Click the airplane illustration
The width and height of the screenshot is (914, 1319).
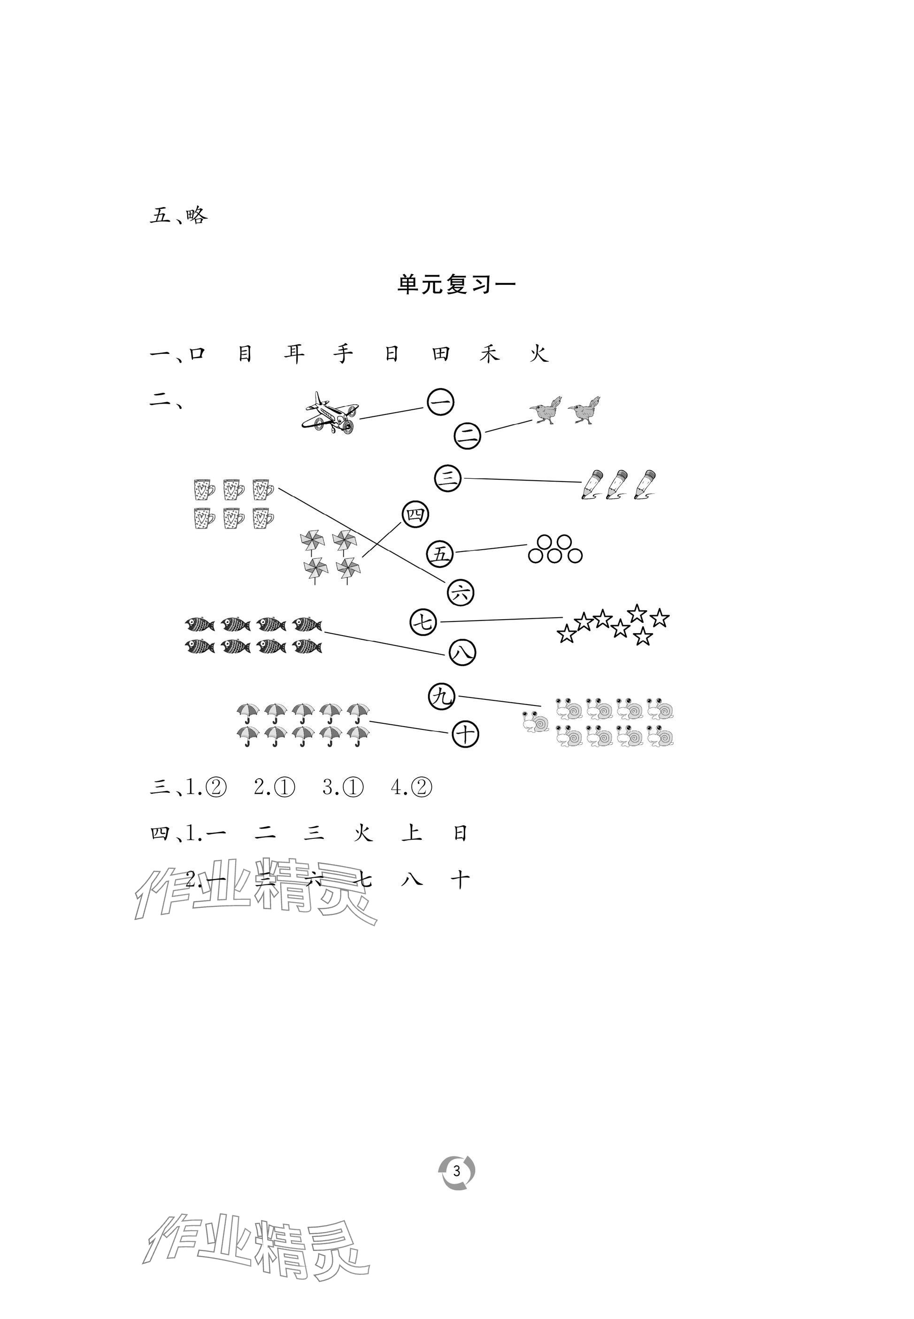[x=330, y=412]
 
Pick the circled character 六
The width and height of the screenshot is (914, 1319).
[x=461, y=592]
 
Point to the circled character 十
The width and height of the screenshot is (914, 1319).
[x=465, y=734]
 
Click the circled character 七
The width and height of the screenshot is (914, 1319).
[x=424, y=622]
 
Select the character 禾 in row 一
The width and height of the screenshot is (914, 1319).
[x=490, y=354]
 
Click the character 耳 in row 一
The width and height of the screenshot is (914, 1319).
[x=294, y=354]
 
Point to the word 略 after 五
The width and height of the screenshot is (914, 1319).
[x=196, y=216]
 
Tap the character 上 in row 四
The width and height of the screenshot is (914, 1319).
[x=412, y=833]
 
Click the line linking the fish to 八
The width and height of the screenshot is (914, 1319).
[x=384, y=642]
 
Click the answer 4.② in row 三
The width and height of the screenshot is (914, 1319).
[x=411, y=788]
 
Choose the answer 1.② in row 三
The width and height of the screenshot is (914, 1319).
[x=206, y=788]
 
